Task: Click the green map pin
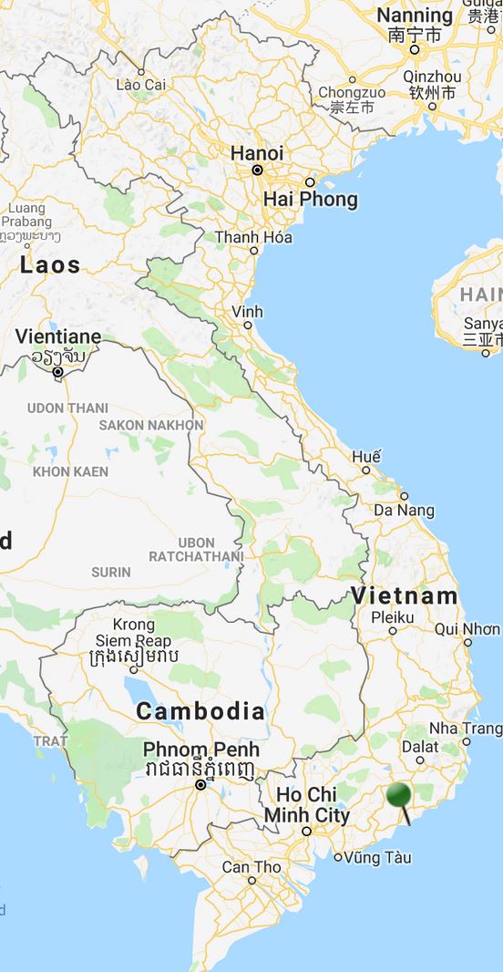(399, 796)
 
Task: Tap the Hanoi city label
(256, 153)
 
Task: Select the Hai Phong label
(310, 199)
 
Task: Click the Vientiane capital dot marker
(57, 372)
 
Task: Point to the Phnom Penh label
(200, 750)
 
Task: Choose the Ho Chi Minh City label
(307, 804)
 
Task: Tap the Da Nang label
(404, 511)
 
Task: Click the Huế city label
(365, 456)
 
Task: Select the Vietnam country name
(405, 595)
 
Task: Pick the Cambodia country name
(200, 711)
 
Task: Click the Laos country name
(50, 265)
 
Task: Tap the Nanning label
(415, 16)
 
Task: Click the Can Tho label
(251, 866)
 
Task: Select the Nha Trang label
(465, 729)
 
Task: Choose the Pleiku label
(393, 617)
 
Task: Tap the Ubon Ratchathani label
(196, 549)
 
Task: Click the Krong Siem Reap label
(134, 633)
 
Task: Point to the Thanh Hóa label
(248, 238)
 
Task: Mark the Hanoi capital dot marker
(258, 170)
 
